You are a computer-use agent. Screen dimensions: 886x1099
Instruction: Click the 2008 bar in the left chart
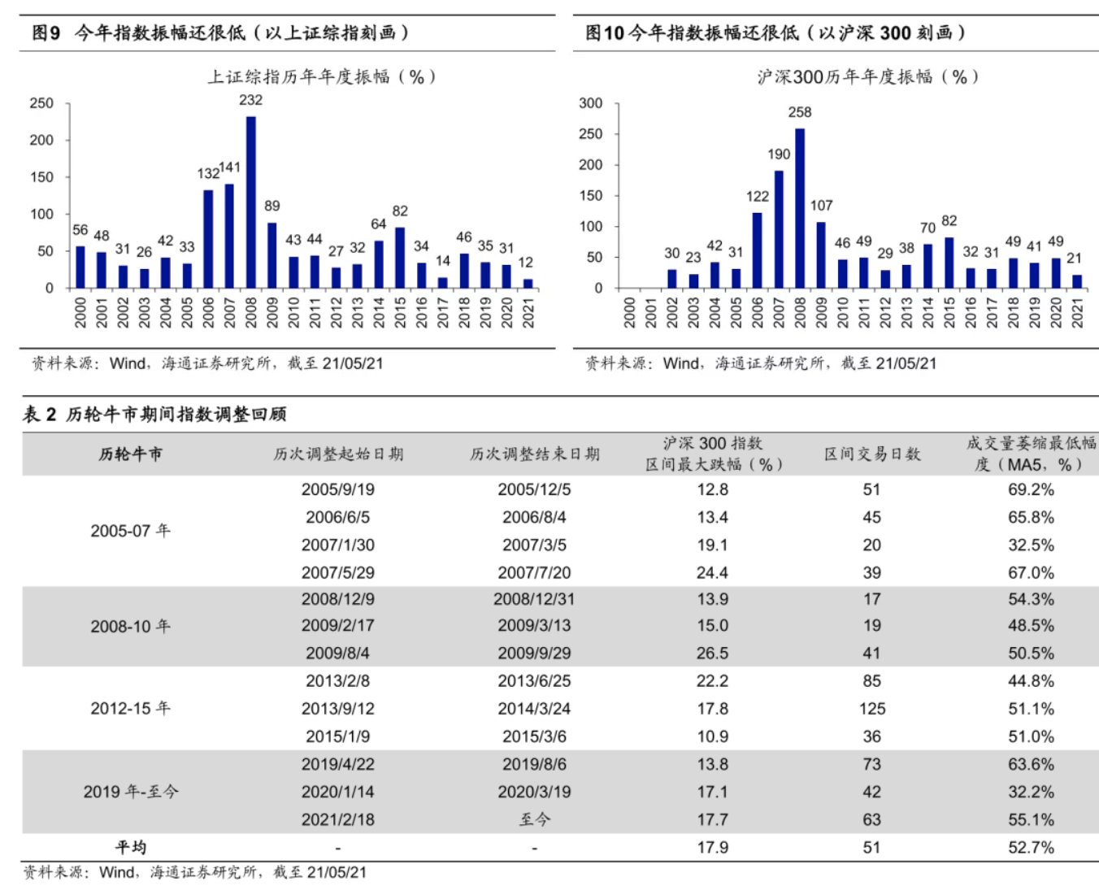(251, 203)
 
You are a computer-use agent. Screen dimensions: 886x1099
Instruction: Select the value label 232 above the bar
(250, 100)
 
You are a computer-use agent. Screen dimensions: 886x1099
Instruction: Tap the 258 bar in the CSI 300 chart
(800, 208)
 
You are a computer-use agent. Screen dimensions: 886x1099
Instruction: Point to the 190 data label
(779, 154)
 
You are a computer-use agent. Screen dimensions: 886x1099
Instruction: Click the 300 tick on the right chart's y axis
(591, 103)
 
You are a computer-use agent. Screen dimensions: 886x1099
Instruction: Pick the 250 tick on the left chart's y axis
(41, 103)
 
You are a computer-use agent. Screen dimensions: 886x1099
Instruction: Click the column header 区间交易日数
(872, 454)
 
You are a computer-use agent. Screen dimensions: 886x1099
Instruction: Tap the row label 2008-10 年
(130, 627)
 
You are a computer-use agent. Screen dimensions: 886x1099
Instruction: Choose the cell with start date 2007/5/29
(337, 573)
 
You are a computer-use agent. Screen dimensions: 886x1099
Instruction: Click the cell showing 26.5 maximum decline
(712, 654)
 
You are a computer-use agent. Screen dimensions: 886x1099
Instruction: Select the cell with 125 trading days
(872, 709)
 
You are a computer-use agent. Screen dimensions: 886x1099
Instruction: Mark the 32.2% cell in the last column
(1031, 792)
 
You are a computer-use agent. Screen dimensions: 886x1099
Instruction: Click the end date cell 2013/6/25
(534, 681)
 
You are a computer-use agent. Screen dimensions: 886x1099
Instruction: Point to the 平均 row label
(130, 847)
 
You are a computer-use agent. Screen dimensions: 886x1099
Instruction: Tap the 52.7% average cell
(1031, 847)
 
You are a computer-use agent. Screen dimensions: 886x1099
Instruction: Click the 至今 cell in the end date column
(534, 819)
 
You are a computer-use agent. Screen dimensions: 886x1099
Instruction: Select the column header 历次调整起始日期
(338, 454)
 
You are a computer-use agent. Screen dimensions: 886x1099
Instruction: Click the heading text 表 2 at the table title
(39, 415)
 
